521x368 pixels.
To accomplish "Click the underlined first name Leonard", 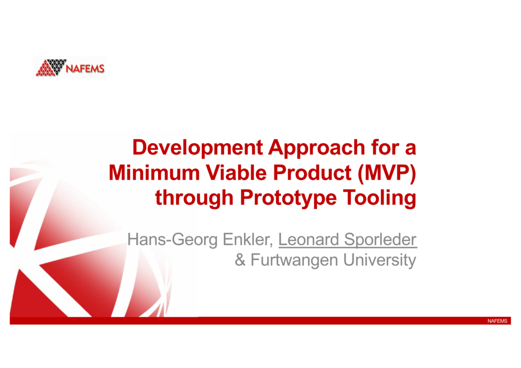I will point(306,239).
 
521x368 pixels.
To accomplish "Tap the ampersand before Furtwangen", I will point(240,261).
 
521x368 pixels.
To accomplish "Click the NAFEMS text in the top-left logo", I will point(85,69).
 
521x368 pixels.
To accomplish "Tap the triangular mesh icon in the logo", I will point(51,68).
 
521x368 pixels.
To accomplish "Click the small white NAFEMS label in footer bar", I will point(497,321).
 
